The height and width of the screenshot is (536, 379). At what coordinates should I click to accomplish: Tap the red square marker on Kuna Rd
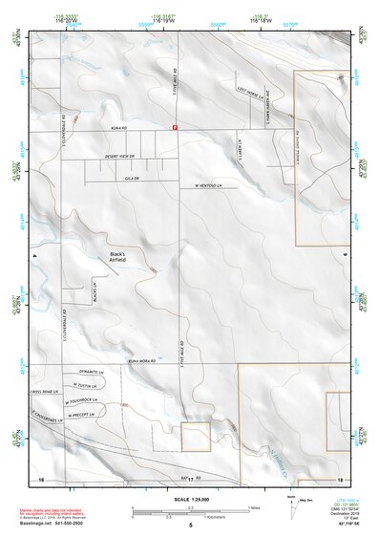(174, 126)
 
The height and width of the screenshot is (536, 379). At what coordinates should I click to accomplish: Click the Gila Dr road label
(133, 178)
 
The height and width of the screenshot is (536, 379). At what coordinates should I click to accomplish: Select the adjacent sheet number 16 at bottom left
(41, 479)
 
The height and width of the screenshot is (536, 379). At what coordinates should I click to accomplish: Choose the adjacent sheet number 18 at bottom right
(340, 479)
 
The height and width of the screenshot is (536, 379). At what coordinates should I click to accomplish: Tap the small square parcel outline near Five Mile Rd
(196, 437)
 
